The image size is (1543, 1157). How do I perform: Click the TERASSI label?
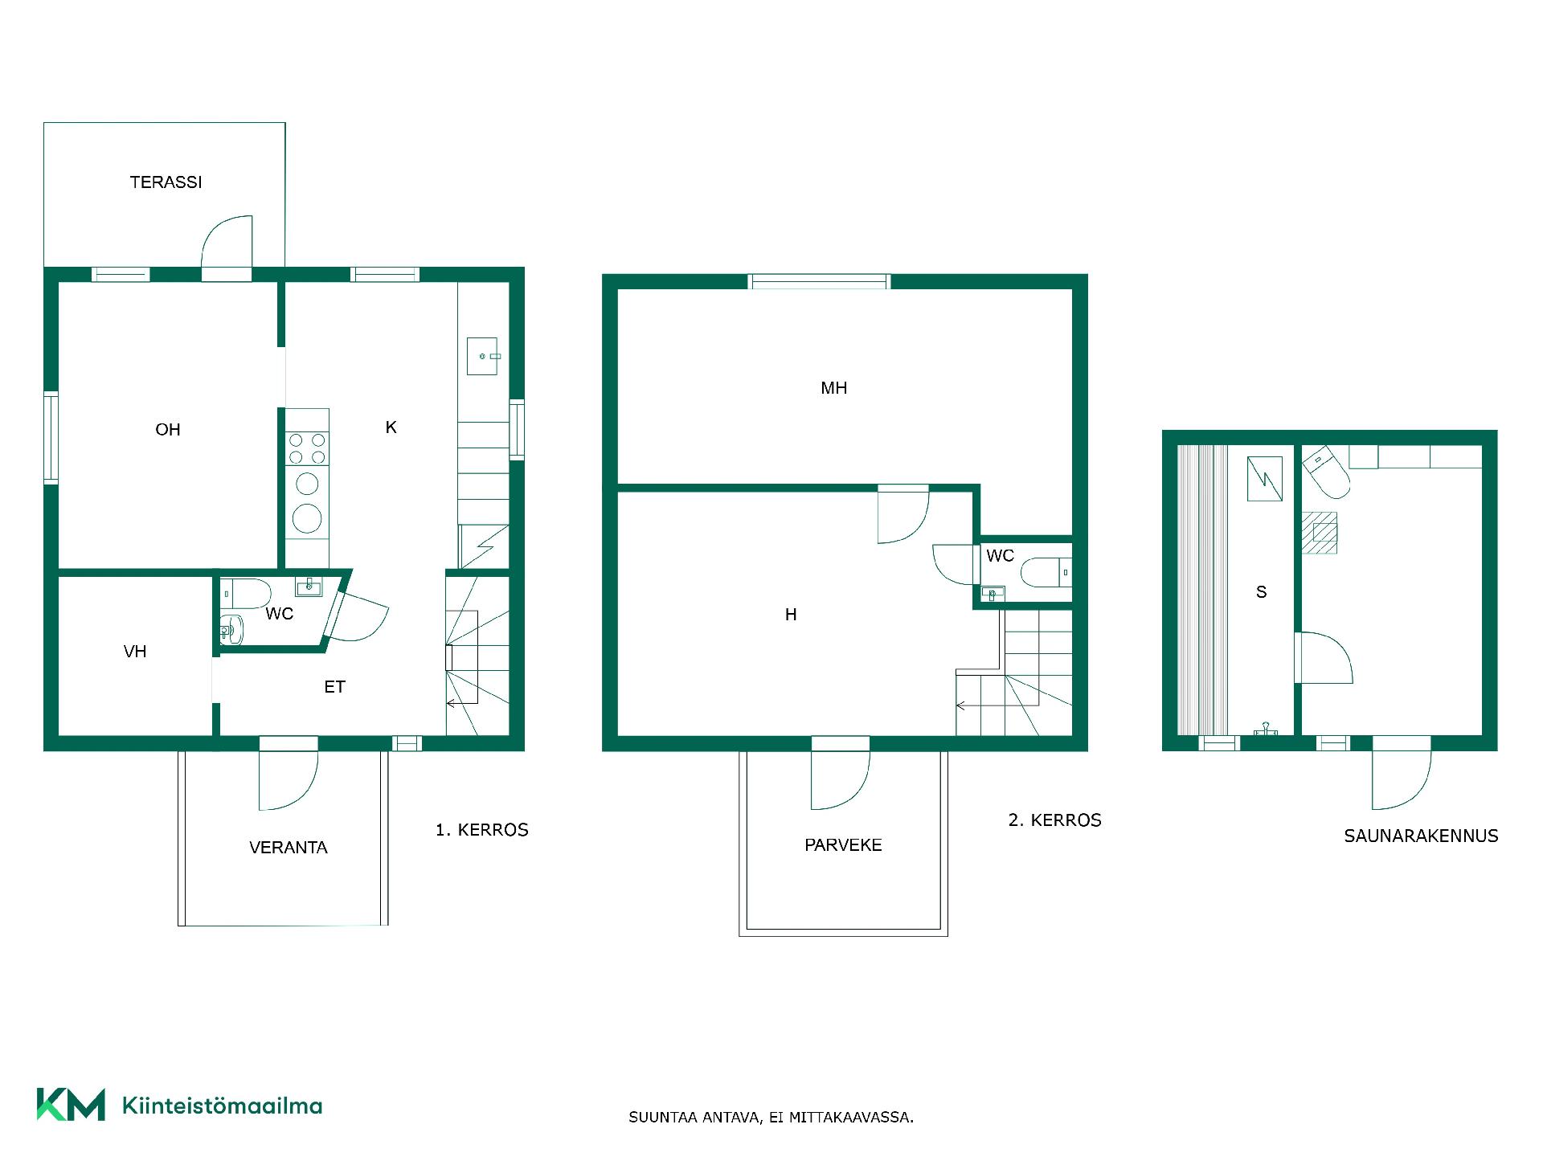click(x=166, y=182)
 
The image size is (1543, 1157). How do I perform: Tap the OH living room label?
click(x=168, y=430)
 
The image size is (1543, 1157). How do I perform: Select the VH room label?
click(x=135, y=652)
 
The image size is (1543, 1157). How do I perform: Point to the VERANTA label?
click(x=289, y=848)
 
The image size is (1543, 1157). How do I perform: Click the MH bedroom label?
click(x=834, y=388)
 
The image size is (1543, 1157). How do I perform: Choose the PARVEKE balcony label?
click(x=843, y=845)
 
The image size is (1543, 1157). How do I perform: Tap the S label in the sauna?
click(x=1261, y=592)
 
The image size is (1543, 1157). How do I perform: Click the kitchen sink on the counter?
click(x=483, y=356)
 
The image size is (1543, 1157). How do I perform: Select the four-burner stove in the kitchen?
click(x=307, y=449)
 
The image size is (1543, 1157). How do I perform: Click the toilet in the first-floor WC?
click(x=245, y=594)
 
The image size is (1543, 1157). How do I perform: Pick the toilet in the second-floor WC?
click(x=1046, y=572)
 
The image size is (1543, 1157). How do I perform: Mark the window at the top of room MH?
click(x=820, y=281)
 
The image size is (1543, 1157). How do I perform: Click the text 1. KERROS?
click(x=482, y=830)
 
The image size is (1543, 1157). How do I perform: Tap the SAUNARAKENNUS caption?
click(x=1421, y=836)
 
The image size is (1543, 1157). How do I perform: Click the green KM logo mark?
click(x=71, y=1105)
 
